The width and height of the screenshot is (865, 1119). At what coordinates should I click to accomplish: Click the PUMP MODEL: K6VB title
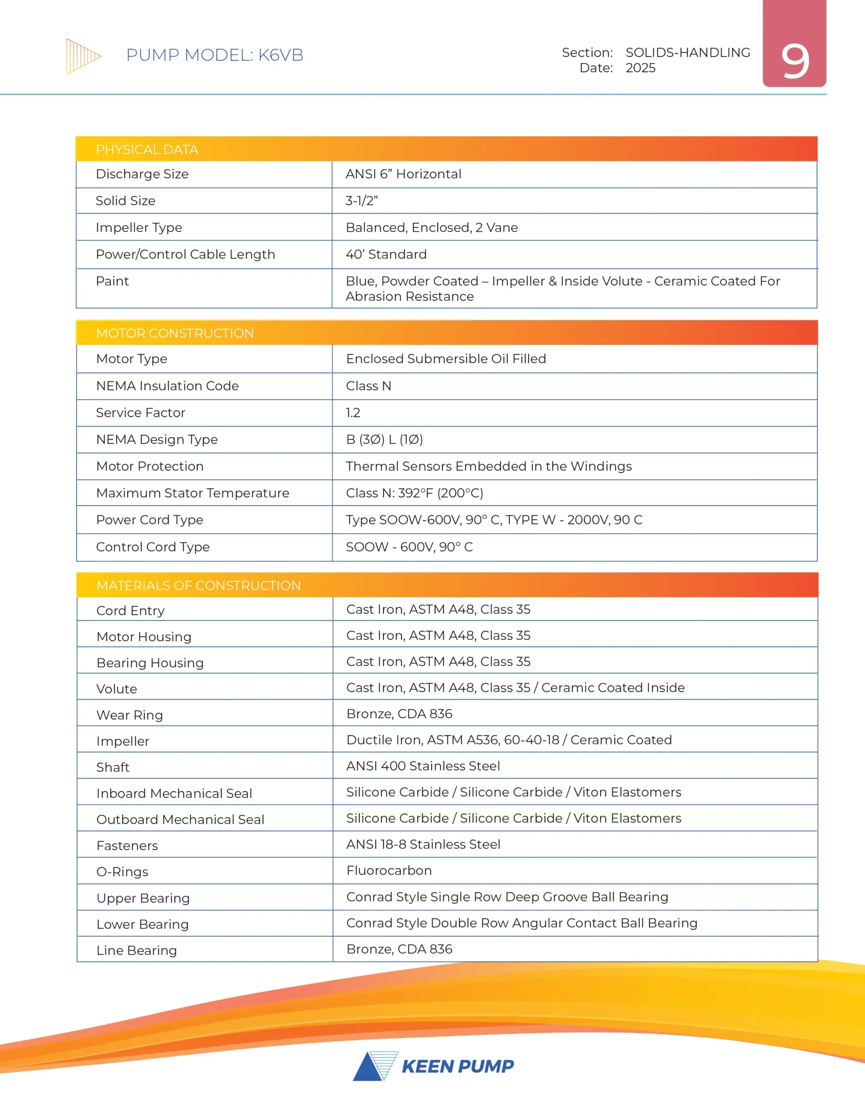[x=214, y=55]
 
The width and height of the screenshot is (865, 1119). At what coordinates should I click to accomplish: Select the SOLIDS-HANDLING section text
[x=687, y=52]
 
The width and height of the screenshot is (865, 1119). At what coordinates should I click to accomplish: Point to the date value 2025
[x=640, y=68]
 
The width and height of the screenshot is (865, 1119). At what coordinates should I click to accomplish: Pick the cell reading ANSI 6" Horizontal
[x=403, y=174]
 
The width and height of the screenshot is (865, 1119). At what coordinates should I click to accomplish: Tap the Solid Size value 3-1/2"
[x=362, y=201]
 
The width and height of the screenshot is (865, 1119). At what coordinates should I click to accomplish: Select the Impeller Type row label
[x=139, y=227]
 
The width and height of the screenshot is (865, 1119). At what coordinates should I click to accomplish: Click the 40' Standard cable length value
[x=386, y=255]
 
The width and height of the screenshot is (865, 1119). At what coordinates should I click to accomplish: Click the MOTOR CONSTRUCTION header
[x=174, y=334]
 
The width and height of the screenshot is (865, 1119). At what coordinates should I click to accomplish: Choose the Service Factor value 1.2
[x=353, y=413]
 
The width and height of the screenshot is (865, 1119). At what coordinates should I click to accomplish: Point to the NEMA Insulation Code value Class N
[x=368, y=386]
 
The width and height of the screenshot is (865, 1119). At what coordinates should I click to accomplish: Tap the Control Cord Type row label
[x=152, y=547]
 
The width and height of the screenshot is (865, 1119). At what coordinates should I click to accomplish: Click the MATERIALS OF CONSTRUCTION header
[x=199, y=586]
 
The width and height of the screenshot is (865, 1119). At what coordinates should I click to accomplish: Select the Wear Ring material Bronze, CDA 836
[x=399, y=714]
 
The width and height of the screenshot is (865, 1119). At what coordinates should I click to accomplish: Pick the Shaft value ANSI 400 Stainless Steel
[x=422, y=766]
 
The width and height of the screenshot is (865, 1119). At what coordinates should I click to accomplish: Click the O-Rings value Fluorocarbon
[x=389, y=871]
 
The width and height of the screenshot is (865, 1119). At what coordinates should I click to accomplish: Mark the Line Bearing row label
[x=136, y=950]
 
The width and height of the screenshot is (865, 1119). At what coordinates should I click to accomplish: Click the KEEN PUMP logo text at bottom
[x=457, y=1066]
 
